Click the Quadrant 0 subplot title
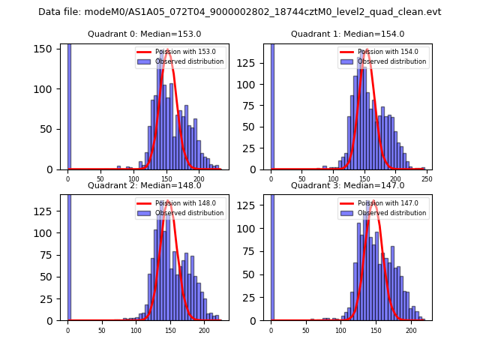coord(144,34)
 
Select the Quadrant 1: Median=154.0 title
coord(347,34)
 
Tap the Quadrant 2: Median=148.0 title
coord(144,185)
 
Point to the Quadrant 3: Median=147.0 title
coord(347,185)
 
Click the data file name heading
coord(240,12)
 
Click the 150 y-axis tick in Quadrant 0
coord(48,49)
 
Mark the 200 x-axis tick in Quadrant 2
coord(204,328)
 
